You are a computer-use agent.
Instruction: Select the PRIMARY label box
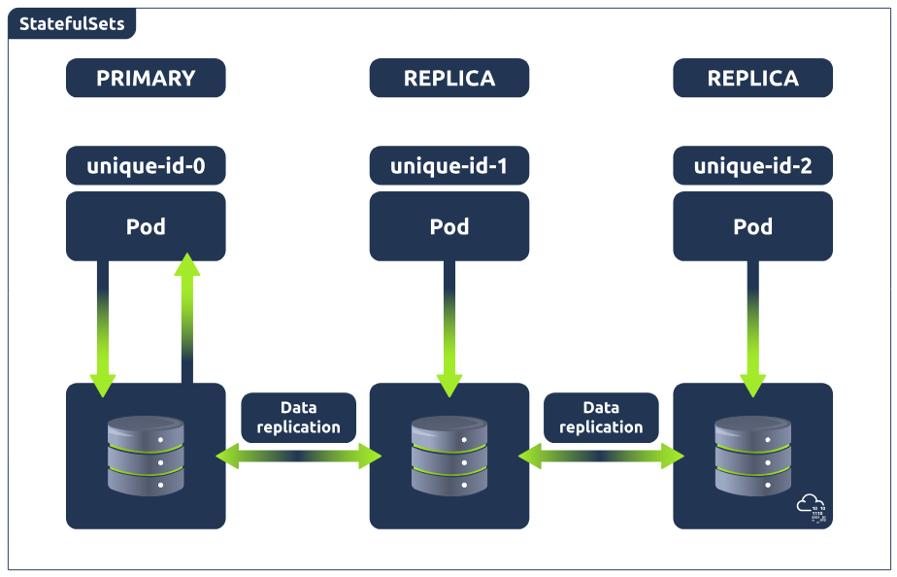(146, 78)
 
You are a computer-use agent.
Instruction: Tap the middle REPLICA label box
(448, 78)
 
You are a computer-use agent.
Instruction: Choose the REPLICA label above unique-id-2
(752, 78)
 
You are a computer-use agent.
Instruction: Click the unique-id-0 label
(146, 166)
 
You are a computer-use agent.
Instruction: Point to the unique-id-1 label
(448, 166)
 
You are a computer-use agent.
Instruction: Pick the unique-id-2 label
(752, 166)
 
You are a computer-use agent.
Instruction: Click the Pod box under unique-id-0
(146, 226)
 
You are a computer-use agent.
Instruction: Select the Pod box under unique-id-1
(448, 226)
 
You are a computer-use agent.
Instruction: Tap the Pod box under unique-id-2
(752, 226)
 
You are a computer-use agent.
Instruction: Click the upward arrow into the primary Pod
(187, 316)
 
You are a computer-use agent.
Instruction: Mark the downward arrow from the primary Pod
(103, 325)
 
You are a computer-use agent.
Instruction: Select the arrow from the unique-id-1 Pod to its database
(448, 325)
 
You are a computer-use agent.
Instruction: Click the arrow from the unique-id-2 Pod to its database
(752, 325)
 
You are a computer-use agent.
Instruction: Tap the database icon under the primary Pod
(146, 454)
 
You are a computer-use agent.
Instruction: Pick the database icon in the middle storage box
(448, 454)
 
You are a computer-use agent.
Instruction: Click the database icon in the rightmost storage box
(752, 454)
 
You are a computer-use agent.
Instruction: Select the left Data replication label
(298, 418)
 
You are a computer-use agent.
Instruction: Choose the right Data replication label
(601, 418)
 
